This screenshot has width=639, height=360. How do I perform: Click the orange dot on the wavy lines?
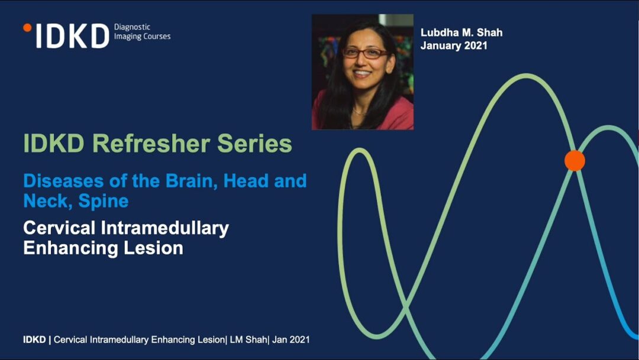(x=575, y=160)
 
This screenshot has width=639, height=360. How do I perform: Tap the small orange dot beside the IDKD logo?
(x=27, y=28)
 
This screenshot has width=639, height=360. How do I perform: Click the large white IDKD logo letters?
(x=73, y=36)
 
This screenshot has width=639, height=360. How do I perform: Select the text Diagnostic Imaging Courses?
(x=142, y=32)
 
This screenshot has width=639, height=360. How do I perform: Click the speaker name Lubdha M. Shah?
(x=461, y=33)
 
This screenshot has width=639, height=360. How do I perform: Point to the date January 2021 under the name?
(x=454, y=46)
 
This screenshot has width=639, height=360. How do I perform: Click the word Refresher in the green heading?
(x=151, y=143)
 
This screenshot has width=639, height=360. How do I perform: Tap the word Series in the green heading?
(x=254, y=143)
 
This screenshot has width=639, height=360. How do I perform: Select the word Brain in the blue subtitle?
(x=190, y=181)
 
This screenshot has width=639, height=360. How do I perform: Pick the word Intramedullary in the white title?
(x=164, y=229)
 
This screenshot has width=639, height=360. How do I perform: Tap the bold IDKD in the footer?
(x=34, y=340)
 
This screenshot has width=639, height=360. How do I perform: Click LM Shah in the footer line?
(x=248, y=340)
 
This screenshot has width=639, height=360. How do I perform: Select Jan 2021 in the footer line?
(x=291, y=340)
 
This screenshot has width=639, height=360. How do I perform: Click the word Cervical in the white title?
(x=59, y=229)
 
